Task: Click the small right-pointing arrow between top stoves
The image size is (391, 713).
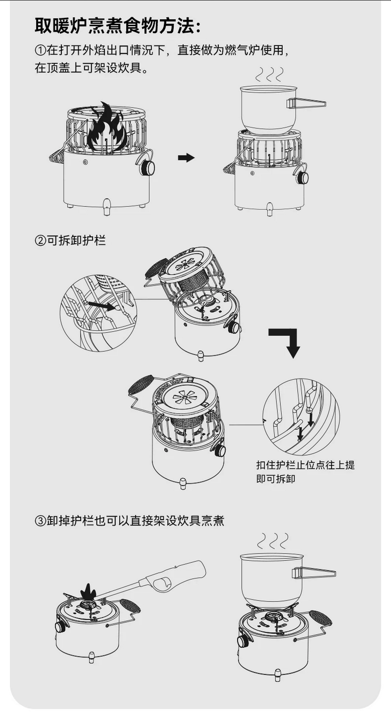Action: tap(186, 158)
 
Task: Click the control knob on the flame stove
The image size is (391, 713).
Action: tap(146, 168)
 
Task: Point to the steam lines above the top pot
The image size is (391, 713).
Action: tap(268, 74)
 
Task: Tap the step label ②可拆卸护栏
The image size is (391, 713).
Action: tap(70, 240)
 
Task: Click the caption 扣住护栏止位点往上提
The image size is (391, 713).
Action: tap(305, 465)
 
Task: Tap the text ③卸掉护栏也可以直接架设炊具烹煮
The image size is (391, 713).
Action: tap(129, 521)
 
